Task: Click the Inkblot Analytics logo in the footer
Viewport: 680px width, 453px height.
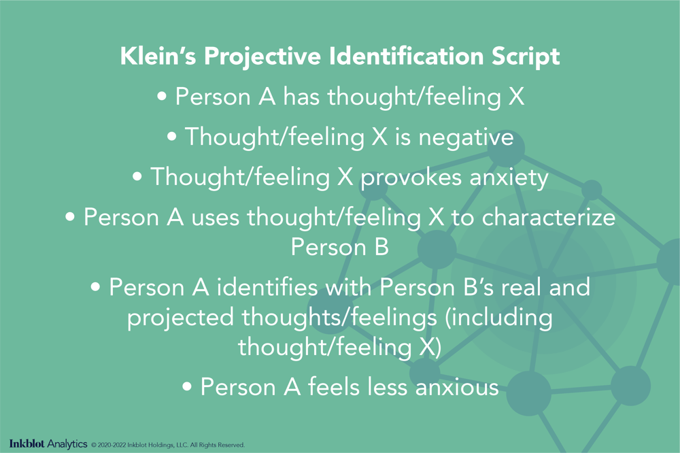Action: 48,445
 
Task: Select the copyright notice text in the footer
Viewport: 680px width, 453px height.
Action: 167,446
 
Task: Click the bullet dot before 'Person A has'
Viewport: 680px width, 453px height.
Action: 162,98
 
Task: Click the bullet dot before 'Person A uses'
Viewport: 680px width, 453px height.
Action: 70,219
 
